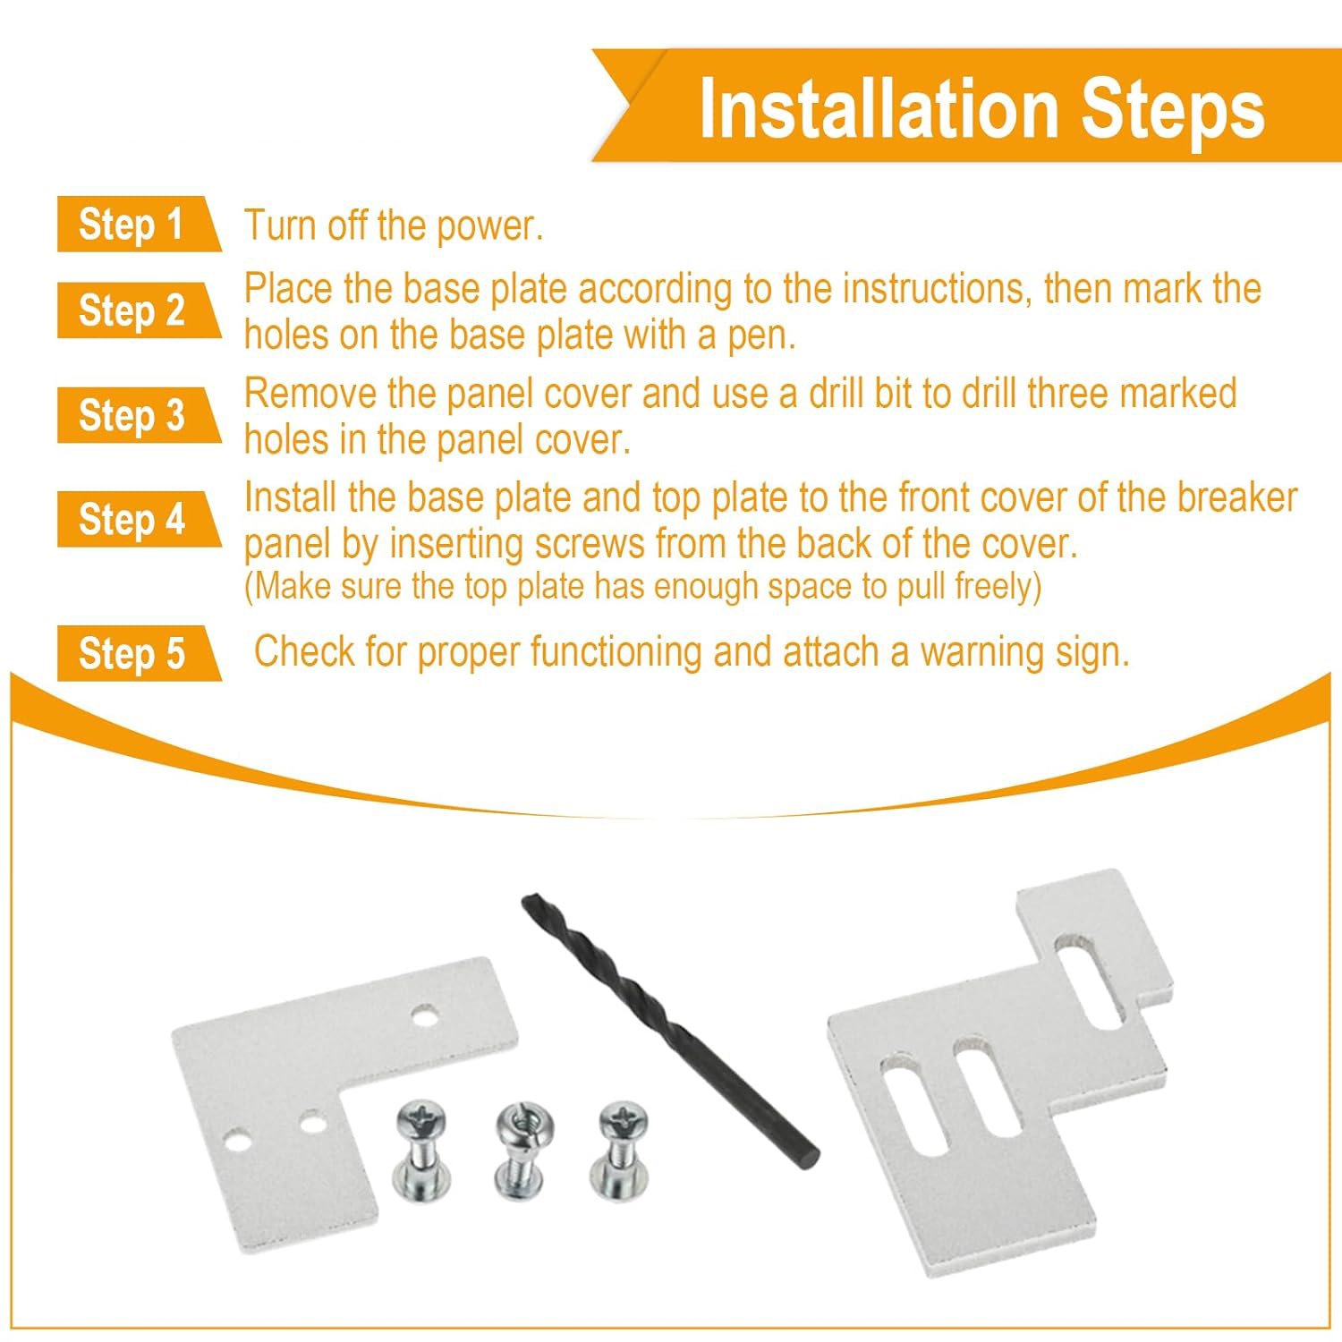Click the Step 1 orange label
[x=134, y=224]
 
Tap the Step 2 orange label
[x=134, y=310]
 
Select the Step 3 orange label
[x=134, y=415]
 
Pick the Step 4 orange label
[x=134, y=519]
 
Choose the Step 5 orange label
[x=134, y=653]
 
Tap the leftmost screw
[x=421, y=1150]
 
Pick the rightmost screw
[x=621, y=1150]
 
